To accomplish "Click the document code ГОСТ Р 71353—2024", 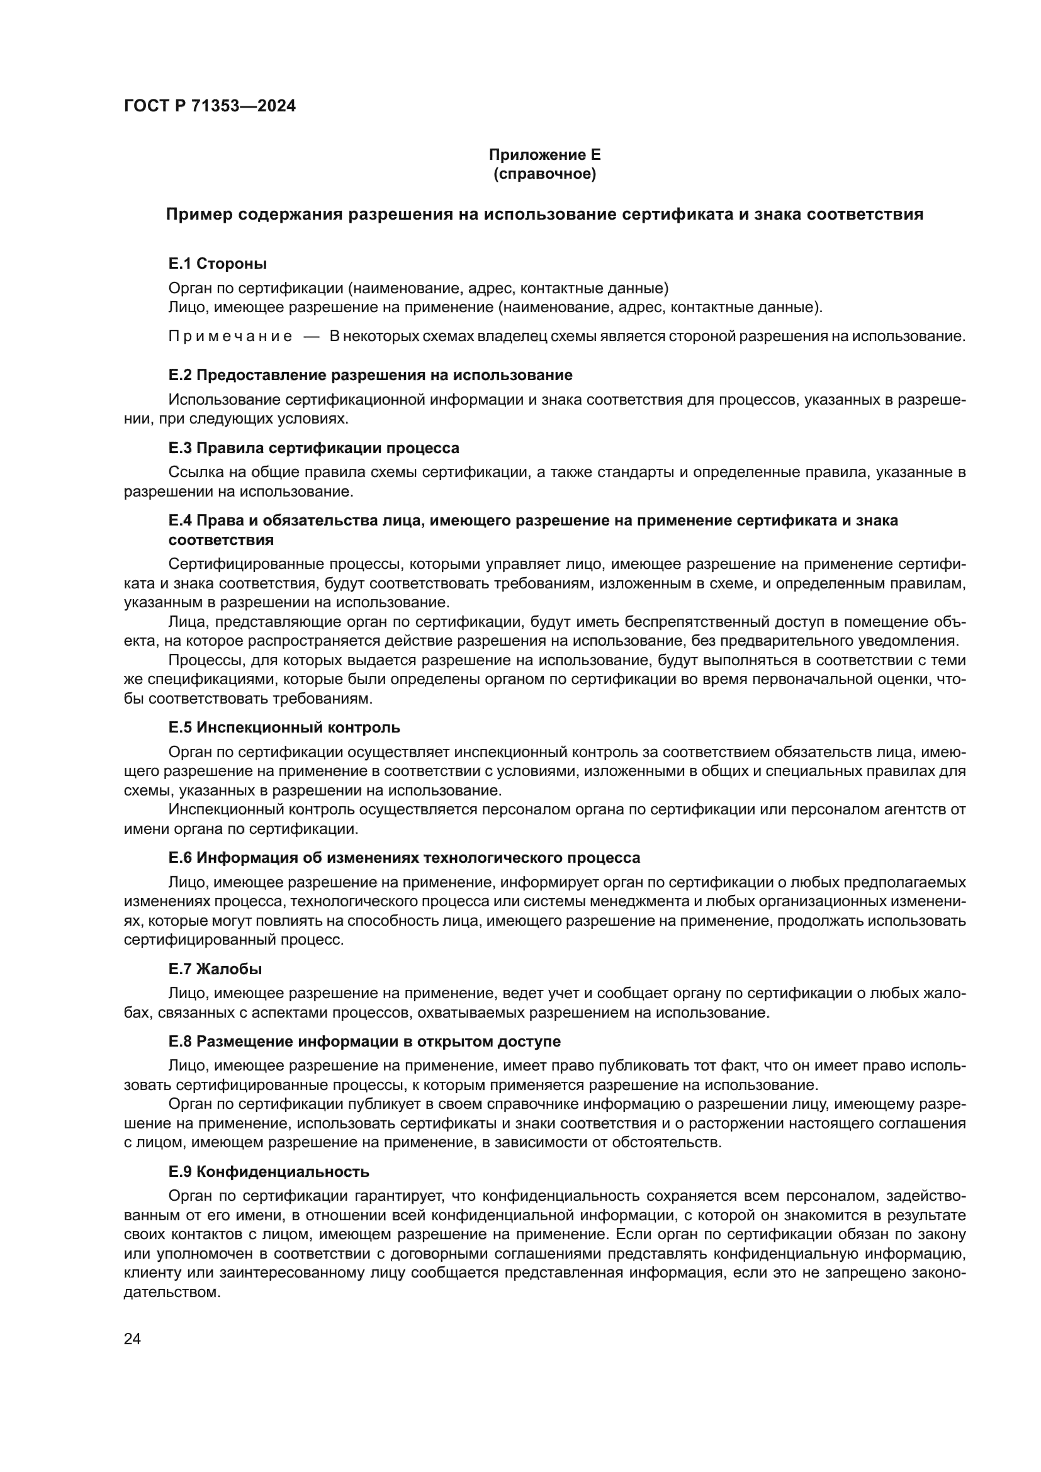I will pos(210,106).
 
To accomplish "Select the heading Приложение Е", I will pos(544,155).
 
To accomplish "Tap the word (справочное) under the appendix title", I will pos(544,174).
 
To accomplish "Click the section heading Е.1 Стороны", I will pos(217,264).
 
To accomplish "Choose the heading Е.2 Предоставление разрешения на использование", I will pos(370,375).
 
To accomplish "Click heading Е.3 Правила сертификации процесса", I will pos(313,447).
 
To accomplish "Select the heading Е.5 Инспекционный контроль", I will pos(284,728).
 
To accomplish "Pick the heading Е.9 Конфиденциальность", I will pos(269,1172).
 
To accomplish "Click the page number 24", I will pos(132,1339).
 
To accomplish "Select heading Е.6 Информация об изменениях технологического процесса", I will pos(404,858).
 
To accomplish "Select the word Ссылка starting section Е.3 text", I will pos(190,473).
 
